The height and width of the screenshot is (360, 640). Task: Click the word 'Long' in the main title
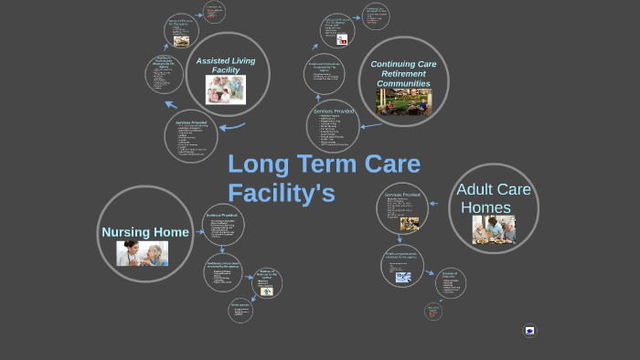coord(258,164)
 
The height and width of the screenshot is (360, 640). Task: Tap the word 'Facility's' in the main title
coord(282,194)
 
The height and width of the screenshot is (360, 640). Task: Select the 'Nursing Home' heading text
coord(145,232)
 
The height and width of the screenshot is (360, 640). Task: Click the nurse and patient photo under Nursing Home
coord(142,253)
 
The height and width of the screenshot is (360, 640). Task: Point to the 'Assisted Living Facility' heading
coord(226,66)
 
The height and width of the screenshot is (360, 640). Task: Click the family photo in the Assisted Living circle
coord(225,90)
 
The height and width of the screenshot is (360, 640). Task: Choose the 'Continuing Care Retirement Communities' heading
coord(403,74)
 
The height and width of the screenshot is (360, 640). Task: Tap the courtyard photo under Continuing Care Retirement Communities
coord(404,101)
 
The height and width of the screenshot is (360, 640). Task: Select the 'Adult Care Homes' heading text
coord(494,198)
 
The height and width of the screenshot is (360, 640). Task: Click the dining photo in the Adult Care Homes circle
coord(494,229)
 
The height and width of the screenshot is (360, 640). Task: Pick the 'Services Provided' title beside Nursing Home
coord(223,215)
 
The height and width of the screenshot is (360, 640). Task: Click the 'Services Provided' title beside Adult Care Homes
coord(402,195)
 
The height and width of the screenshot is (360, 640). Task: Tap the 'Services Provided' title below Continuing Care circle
coord(333,111)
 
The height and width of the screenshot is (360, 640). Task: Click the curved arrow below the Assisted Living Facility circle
coord(232,127)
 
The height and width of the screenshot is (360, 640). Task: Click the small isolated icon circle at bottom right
coord(529,330)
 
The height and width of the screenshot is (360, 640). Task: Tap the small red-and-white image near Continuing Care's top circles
coord(342,40)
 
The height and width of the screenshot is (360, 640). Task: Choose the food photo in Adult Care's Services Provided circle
coord(409,223)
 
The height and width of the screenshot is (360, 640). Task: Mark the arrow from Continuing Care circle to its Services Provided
coord(370,125)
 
